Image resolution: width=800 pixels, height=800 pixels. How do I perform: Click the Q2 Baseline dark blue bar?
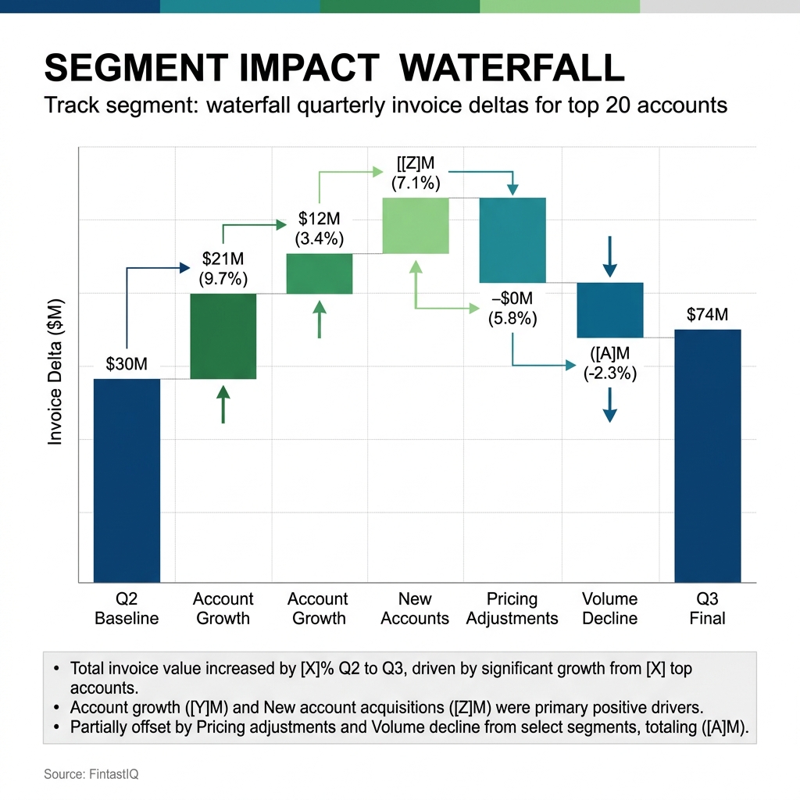click(x=127, y=480)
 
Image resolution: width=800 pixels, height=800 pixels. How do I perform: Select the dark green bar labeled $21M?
click(x=223, y=336)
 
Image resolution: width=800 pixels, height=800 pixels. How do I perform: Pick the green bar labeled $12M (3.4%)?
click(x=320, y=273)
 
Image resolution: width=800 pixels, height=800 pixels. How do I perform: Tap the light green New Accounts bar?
click(x=416, y=226)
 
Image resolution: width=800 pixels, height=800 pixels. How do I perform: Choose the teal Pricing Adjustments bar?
click(x=512, y=240)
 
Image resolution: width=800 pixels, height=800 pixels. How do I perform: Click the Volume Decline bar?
click(x=609, y=310)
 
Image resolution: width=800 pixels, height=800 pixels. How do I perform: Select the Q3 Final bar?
click(x=707, y=455)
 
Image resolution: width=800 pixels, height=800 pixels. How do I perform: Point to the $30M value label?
click(x=127, y=364)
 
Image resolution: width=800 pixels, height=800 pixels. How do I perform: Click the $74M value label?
click(x=707, y=315)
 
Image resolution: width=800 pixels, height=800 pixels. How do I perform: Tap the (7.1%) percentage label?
click(x=416, y=185)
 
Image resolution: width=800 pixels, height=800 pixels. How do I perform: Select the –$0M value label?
click(x=512, y=299)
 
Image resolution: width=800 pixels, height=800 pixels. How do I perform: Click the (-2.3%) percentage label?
click(x=610, y=373)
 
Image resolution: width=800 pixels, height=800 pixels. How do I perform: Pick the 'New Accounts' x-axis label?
click(x=415, y=609)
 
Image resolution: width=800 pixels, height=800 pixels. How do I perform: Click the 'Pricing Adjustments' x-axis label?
click(x=512, y=609)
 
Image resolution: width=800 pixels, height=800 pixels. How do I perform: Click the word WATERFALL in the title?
click(x=512, y=69)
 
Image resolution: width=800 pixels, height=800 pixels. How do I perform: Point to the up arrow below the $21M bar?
click(x=223, y=404)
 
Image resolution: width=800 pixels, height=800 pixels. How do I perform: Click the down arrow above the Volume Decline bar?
click(x=610, y=257)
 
